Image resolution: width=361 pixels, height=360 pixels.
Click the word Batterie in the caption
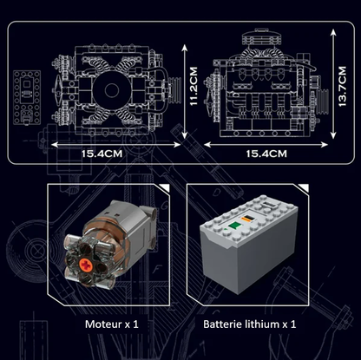pos(223,324)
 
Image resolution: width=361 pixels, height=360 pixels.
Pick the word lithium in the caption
pos(265,324)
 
